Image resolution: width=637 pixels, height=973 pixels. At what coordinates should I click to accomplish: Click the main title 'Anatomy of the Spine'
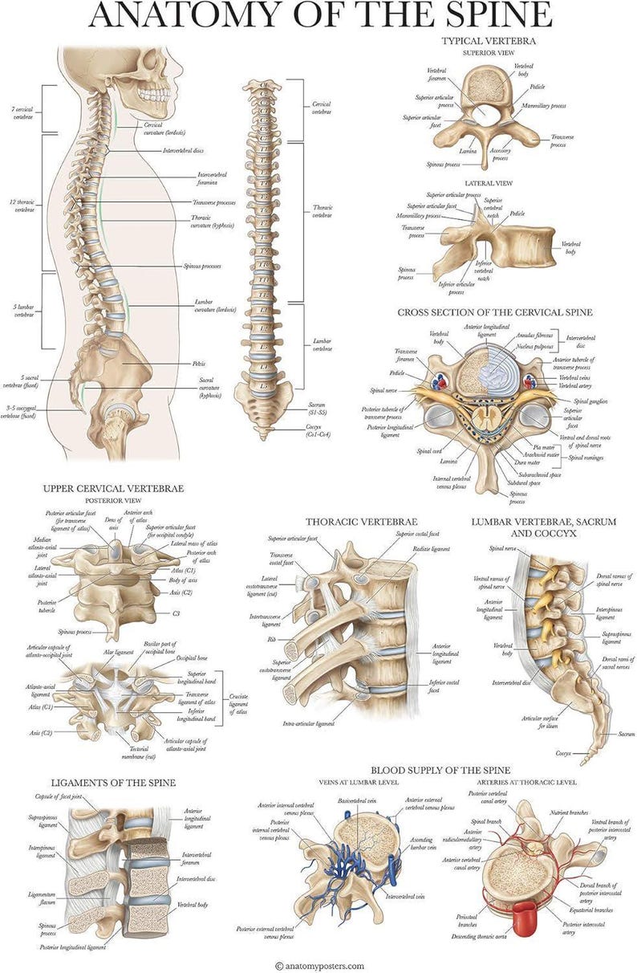[x=319, y=15]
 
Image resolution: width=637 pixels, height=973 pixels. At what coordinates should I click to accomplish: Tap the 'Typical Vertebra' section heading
[x=489, y=39]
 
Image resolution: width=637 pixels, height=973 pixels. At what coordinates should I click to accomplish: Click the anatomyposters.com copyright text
[x=319, y=966]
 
